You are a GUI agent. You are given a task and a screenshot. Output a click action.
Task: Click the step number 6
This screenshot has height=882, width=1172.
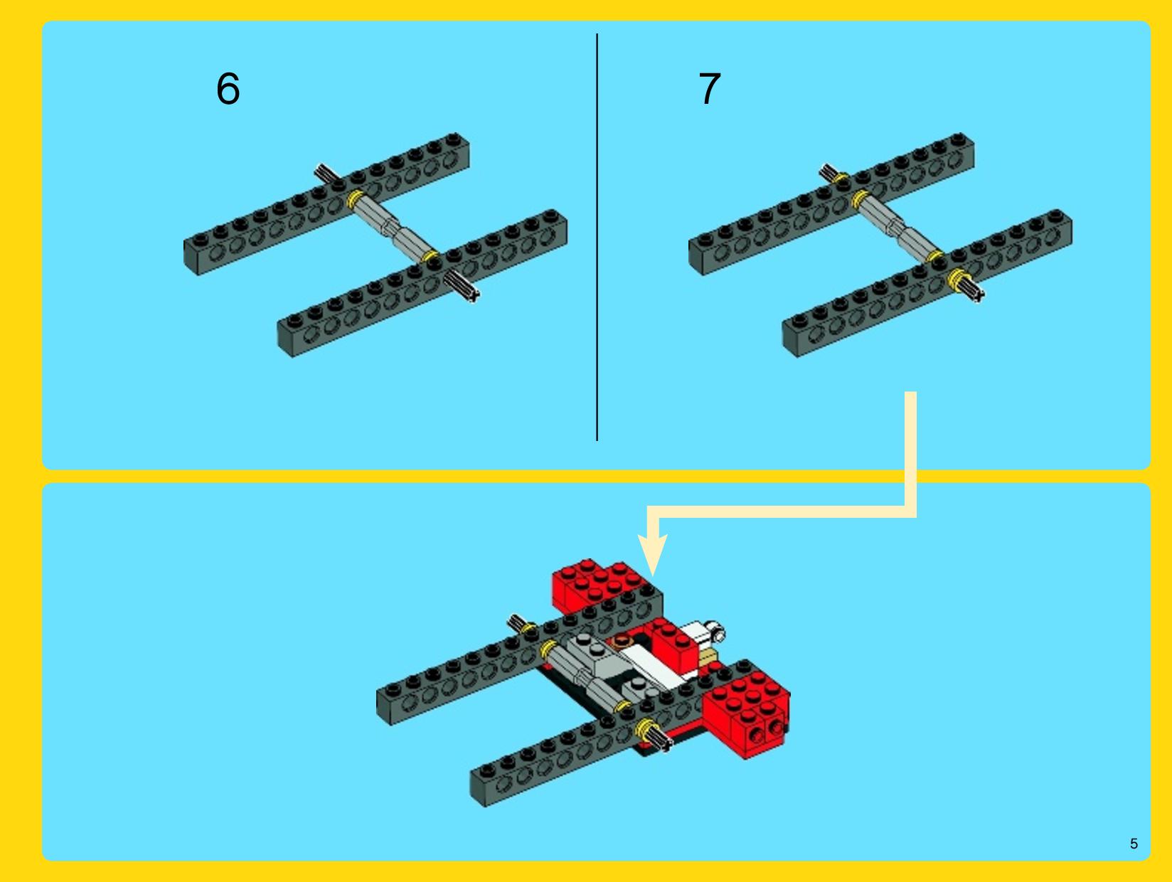pos(228,88)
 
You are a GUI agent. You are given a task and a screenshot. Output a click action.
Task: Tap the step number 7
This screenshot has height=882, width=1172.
pos(710,88)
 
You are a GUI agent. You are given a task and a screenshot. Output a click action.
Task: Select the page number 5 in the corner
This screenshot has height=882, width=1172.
pos(1134,844)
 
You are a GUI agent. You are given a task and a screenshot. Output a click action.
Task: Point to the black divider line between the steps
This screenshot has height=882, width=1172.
pos(597,237)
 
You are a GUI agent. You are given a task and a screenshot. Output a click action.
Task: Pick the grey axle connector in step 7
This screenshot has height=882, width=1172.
pos(897,227)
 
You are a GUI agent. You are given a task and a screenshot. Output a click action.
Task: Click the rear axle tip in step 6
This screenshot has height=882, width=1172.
pos(325,172)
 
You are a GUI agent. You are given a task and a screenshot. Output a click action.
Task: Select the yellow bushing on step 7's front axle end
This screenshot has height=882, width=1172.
pos(957,277)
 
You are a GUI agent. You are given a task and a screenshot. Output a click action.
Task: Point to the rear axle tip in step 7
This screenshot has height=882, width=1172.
pos(829,171)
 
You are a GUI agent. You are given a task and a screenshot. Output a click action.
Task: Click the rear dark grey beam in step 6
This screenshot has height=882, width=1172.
pos(326,204)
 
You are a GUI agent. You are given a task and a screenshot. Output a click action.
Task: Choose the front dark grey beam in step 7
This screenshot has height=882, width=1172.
pos(927,284)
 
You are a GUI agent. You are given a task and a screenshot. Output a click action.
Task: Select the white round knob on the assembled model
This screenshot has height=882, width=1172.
pos(715,632)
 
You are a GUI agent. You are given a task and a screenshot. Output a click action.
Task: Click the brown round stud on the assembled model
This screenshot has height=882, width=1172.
pos(622,640)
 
